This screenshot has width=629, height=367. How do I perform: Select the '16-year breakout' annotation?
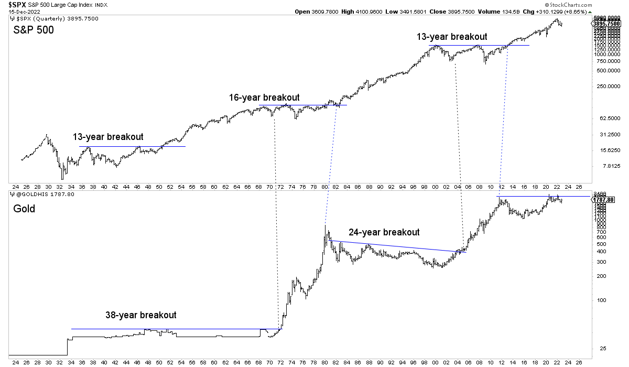[264, 98]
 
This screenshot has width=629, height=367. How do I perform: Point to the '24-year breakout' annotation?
[384, 232]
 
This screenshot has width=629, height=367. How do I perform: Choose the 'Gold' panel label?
[24, 209]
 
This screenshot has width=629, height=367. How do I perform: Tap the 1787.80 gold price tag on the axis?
[604, 199]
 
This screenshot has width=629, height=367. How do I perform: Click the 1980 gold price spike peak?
[326, 226]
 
